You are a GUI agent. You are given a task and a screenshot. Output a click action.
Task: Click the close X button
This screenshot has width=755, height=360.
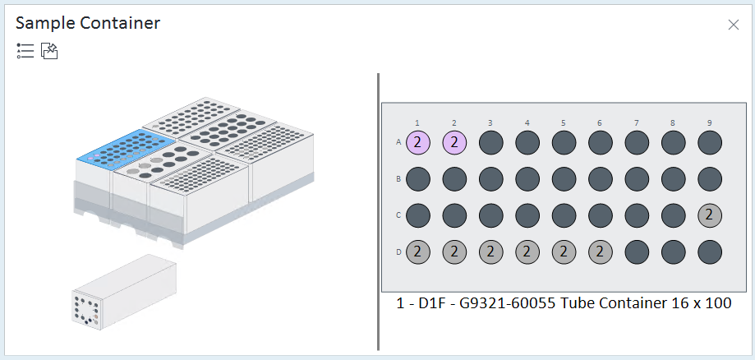click(x=734, y=25)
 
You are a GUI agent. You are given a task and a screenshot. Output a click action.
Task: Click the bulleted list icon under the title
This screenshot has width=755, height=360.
click(x=25, y=51)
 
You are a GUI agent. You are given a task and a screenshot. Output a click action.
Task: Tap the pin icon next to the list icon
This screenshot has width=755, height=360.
click(x=49, y=51)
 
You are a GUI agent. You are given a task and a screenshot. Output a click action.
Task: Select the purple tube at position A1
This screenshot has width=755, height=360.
click(x=418, y=143)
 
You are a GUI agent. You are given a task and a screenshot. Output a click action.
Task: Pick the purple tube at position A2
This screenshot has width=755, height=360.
click(x=454, y=143)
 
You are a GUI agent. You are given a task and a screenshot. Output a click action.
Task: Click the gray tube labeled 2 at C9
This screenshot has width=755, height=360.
click(x=710, y=215)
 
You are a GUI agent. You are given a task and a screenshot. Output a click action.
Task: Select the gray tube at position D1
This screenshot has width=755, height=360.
click(x=418, y=252)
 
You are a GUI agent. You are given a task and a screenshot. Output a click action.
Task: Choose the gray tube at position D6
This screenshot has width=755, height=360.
click(x=601, y=252)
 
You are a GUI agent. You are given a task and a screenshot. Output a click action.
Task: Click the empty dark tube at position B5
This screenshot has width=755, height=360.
click(x=564, y=179)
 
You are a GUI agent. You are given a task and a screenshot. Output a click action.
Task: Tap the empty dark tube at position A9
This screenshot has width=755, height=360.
click(x=710, y=143)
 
